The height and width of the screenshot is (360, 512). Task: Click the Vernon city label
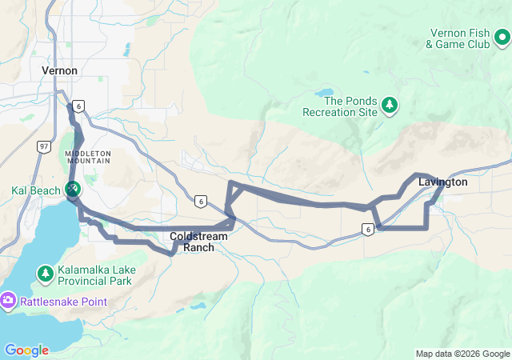(x=59, y=70)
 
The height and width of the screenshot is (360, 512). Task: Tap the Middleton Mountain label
(x=90, y=157)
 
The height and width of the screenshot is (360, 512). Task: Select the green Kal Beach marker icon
(x=72, y=189)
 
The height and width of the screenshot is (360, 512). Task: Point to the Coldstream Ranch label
(x=193, y=242)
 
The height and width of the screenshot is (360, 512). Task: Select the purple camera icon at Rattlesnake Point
(x=9, y=301)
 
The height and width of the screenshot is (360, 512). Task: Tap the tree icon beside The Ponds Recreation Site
(x=390, y=105)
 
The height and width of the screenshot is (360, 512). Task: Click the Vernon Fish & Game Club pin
(x=502, y=38)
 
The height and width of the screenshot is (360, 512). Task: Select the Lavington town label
(x=442, y=182)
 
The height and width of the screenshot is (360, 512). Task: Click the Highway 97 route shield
(x=43, y=146)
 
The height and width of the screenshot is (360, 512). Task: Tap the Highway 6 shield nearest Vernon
(x=78, y=106)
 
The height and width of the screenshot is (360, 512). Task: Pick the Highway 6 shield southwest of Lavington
(x=367, y=230)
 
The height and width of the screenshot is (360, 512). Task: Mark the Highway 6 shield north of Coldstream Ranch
(x=200, y=201)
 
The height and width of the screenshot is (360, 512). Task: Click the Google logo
(x=26, y=350)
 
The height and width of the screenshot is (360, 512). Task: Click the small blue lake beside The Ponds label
(x=326, y=93)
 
